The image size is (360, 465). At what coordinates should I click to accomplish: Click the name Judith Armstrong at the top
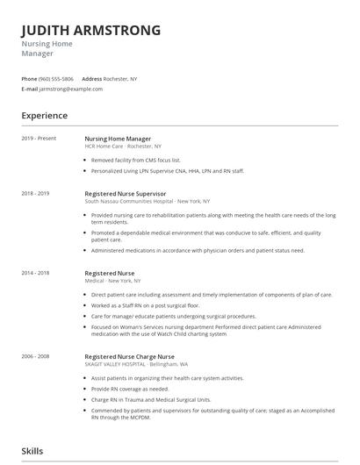coord(91,30)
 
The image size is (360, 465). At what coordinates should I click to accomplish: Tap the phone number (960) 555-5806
coord(56,79)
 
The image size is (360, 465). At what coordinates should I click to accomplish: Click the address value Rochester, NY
coord(120,79)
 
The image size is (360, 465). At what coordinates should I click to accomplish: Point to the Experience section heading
coord(45,115)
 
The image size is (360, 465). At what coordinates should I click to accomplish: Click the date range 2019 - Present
coord(39,139)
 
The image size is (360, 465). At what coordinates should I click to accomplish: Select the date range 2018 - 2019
coord(36,193)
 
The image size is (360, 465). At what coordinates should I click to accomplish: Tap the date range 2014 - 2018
coord(36,273)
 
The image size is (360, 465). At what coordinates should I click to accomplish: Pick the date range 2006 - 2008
coord(36,357)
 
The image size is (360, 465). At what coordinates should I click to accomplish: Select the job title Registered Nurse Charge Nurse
coord(129,357)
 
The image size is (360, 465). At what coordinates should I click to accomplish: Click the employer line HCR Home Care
coord(122,147)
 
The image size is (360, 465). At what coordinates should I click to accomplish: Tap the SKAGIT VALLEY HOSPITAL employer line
coord(152,365)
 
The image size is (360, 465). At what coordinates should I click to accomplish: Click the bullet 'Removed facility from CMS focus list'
coord(136,161)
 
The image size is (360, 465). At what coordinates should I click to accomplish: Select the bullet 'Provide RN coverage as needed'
coord(129,388)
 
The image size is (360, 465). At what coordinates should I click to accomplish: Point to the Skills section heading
coord(33,450)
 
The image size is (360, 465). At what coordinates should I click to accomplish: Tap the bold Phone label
coord(30,79)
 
